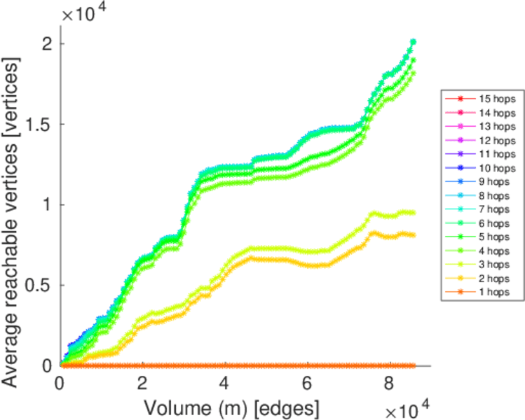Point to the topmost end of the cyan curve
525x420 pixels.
click(413, 42)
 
